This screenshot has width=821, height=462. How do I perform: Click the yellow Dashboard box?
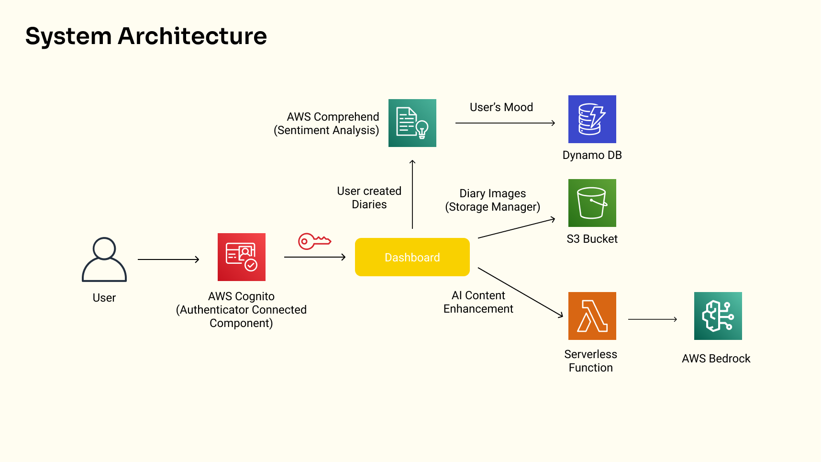tap(412, 257)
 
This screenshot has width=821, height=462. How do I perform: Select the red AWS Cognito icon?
tap(242, 257)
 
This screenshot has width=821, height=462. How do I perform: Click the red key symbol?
tap(314, 241)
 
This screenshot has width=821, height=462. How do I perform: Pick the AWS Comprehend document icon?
tap(412, 123)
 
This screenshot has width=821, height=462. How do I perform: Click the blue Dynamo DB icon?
tap(592, 119)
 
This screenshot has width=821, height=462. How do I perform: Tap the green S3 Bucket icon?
tap(592, 203)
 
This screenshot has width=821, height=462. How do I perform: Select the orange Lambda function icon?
tap(592, 316)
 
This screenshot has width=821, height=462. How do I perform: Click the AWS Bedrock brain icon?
tap(718, 316)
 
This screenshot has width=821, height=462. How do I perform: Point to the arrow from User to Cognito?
tap(168, 259)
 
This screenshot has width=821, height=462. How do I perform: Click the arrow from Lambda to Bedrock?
tap(652, 319)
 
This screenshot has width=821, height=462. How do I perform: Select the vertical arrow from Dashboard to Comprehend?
tap(412, 194)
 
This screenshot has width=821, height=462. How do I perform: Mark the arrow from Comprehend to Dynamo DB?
tap(505, 123)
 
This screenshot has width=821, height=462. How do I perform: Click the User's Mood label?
tap(501, 107)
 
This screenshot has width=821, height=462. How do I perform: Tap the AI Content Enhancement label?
tap(478, 302)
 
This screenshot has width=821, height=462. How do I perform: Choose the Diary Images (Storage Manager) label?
tap(492, 200)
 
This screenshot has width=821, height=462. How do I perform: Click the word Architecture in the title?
tap(192, 36)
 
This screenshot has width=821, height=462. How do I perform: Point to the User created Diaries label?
tap(369, 198)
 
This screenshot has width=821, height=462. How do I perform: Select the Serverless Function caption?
tap(590, 361)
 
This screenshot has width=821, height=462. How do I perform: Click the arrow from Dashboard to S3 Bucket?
tap(516, 228)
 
